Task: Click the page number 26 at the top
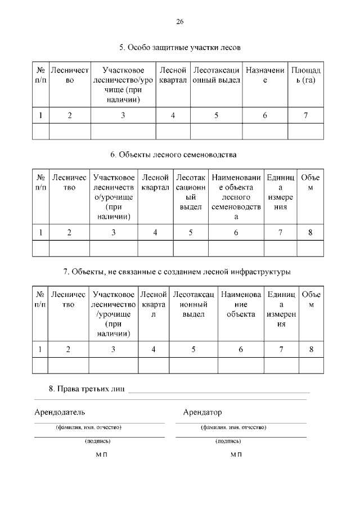pyautogui.click(x=180, y=22)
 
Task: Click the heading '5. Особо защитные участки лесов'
pyautogui.click(x=180, y=48)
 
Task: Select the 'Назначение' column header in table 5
pyautogui.click(x=265, y=75)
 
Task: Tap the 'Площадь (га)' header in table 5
pyautogui.click(x=305, y=75)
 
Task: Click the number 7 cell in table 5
pyautogui.click(x=305, y=116)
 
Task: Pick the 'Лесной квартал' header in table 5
pyautogui.click(x=173, y=75)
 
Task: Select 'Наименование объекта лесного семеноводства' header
pyautogui.click(x=236, y=197)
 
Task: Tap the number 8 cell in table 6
pyautogui.click(x=310, y=232)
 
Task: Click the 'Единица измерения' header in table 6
pyautogui.click(x=280, y=192)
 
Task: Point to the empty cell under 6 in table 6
pyautogui.click(x=236, y=248)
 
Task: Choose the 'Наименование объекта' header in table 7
pyautogui.click(x=241, y=304)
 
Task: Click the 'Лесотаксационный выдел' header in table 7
pyautogui.click(x=193, y=304)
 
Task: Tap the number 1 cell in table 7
pyautogui.click(x=40, y=349)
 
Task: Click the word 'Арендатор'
pyautogui.click(x=202, y=412)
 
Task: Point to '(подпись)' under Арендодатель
pyautogui.click(x=97, y=442)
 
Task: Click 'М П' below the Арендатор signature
pyautogui.click(x=236, y=454)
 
